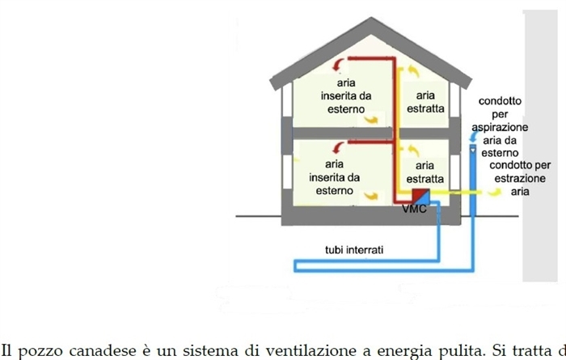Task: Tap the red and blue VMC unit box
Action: pos(420,197)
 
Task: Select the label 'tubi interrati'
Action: pos(354,250)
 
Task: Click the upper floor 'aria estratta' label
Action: pos(425,102)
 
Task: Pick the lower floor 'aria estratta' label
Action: pos(425,172)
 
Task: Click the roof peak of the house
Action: pos(374,19)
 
